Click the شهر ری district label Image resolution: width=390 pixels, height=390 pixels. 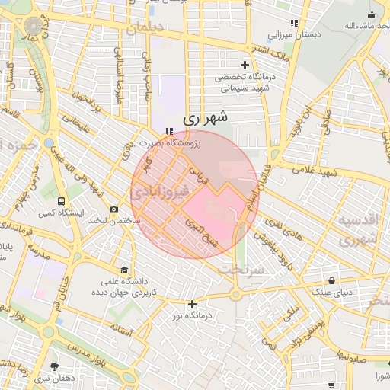coord(206,118)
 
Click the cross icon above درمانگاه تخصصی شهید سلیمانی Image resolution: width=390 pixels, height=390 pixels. coord(245,65)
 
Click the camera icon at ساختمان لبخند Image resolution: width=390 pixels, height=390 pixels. coord(114,209)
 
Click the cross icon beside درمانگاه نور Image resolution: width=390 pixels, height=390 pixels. coord(192,304)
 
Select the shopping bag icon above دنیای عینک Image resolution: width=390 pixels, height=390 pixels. coord(331,280)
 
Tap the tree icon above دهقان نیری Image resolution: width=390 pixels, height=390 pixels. coord(54,366)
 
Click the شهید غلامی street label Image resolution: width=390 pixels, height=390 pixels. coord(318,174)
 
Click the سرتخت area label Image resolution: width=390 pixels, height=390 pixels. coord(241,270)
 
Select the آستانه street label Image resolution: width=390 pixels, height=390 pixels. coord(122,330)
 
